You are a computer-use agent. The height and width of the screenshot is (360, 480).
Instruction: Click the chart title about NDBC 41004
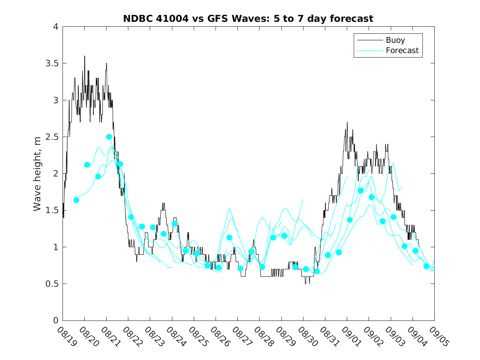[x=248, y=19]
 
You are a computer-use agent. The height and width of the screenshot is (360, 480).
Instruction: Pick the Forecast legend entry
[x=402, y=51]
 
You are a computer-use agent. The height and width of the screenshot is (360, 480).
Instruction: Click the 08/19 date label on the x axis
[x=65, y=336]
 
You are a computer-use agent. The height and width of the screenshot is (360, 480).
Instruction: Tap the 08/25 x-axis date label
[x=197, y=336]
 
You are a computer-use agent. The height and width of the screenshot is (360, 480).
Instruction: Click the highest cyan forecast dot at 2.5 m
[x=109, y=137]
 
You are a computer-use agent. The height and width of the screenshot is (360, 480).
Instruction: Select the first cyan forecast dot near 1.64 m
[x=76, y=200]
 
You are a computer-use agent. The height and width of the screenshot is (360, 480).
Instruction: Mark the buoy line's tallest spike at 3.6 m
[x=85, y=56]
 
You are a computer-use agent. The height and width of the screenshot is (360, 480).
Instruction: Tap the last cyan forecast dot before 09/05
[x=427, y=266]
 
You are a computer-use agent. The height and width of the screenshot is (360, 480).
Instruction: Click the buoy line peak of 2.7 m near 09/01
[x=347, y=122]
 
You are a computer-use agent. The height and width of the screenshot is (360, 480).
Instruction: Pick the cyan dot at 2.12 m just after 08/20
[x=87, y=165]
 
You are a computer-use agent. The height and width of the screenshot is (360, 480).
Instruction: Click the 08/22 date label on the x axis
[x=131, y=336]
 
